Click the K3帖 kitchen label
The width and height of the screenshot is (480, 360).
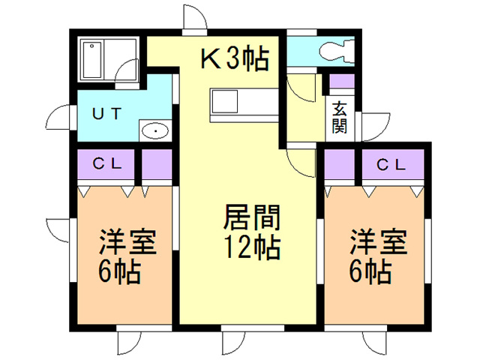[x=233, y=58]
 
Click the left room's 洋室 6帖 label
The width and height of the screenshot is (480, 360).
[x=128, y=257]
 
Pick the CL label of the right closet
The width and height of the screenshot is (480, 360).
[x=392, y=163]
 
